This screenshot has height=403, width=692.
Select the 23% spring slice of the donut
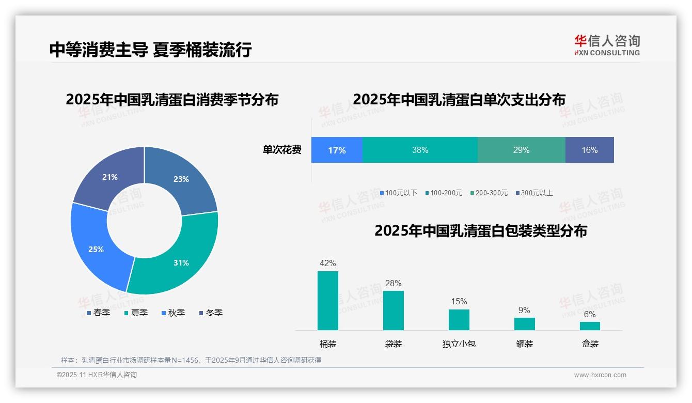click(x=181, y=178)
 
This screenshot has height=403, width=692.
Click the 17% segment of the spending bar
click(x=337, y=150)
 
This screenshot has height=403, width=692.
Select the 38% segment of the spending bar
click(x=420, y=150)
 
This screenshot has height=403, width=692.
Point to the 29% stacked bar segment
click(x=521, y=150)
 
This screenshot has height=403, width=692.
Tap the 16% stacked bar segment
click(x=589, y=150)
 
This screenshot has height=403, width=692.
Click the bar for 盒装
click(x=590, y=326)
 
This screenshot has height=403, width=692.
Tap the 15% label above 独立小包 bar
click(x=459, y=302)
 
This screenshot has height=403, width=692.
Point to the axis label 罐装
click(x=525, y=344)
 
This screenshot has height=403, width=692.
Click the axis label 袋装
click(x=394, y=344)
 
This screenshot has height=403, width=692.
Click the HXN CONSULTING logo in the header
click(x=607, y=45)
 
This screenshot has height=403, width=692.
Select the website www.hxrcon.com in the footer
click(x=600, y=375)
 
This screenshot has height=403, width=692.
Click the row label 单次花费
click(x=282, y=150)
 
